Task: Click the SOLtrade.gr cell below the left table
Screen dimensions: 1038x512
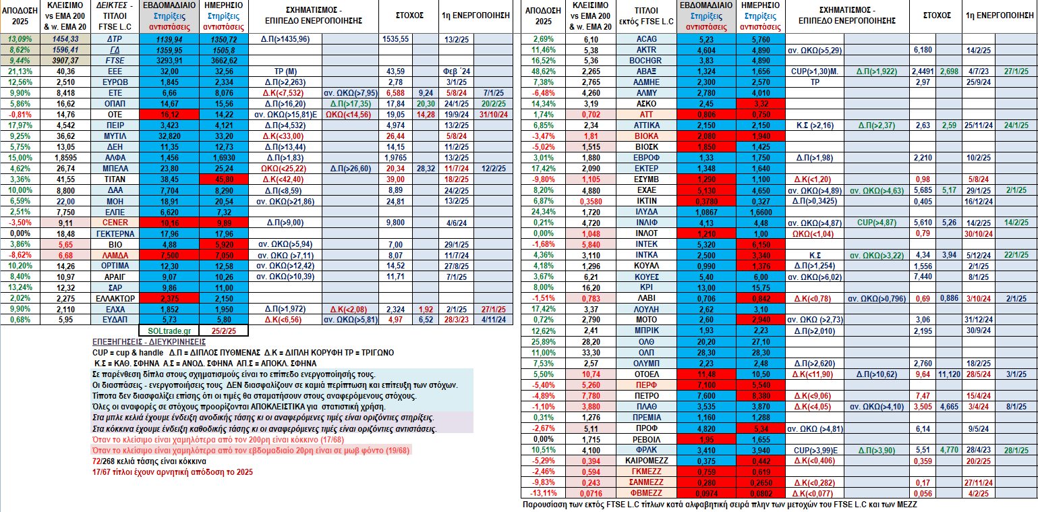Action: click(169, 331)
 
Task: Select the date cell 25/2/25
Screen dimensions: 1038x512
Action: click(223, 331)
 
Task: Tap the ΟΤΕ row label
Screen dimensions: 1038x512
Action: click(115, 115)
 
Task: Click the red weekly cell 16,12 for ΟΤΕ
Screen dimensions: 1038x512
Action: click(169, 115)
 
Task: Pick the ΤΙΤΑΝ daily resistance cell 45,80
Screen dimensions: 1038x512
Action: click(224, 179)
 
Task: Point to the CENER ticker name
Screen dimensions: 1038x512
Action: click(115, 223)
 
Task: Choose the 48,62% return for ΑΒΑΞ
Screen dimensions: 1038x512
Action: click(544, 72)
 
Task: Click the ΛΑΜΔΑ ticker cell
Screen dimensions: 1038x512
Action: click(115, 255)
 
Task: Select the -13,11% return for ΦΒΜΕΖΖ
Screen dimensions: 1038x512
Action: click(544, 493)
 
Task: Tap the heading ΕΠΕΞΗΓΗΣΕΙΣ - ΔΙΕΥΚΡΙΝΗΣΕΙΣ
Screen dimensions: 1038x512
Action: click(149, 342)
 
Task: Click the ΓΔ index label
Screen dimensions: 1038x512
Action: click(115, 49)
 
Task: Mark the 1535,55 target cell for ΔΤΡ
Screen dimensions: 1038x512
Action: click(395, 39)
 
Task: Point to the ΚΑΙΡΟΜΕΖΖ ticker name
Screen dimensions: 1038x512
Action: click(646, 461)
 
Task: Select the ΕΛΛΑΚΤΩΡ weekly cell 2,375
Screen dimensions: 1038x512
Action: click(169, 298)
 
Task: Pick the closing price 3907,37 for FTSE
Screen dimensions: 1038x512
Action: click(65, 60)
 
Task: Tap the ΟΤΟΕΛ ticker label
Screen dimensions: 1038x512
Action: click(646, 374)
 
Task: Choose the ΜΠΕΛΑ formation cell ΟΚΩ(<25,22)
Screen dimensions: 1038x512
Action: click(285, 169)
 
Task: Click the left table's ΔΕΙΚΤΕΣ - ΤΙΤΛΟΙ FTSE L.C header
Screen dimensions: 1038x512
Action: click(115, 16)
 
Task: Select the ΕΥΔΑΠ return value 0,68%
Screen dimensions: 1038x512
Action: click(20, 320)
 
